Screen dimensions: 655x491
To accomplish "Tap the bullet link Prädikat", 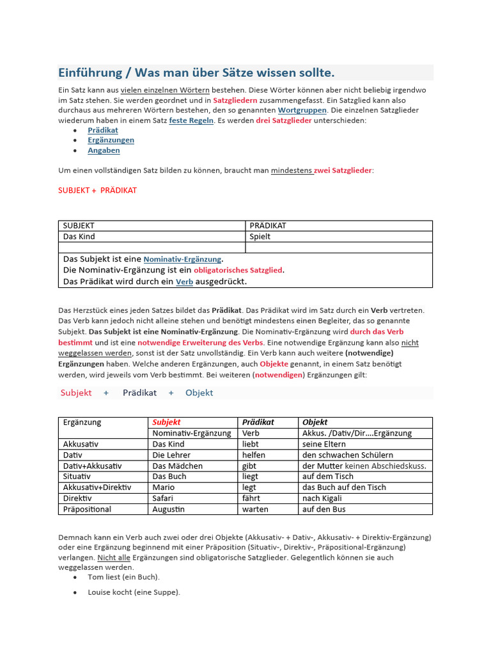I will tap(103, 130).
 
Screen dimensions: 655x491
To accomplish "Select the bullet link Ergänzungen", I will tap(111, 140).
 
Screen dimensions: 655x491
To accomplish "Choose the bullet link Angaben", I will tap(104, 150).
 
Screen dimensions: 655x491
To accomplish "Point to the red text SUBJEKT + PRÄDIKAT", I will tap(97, 190).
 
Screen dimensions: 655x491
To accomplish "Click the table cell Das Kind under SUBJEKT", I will tap(79, 237).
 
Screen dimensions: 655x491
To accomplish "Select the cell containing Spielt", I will tap(260, 237).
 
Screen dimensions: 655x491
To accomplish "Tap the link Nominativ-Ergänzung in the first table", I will tap(182, 260).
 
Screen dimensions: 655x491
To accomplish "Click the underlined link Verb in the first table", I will tap(184, 281).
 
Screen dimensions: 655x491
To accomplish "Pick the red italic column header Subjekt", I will tap(166, 422).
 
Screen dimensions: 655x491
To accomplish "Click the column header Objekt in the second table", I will tap(315, 422).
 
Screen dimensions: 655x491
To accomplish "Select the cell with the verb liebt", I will tap(250, 444).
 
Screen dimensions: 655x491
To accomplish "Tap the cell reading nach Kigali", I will tap(322, 498).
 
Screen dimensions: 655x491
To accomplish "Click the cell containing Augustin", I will tap(169, 509).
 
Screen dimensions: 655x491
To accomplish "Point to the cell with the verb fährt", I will tap(251, 498).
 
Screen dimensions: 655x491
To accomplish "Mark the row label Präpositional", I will tap(87, 509).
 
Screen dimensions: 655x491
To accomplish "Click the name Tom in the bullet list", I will tap(96, 577).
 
